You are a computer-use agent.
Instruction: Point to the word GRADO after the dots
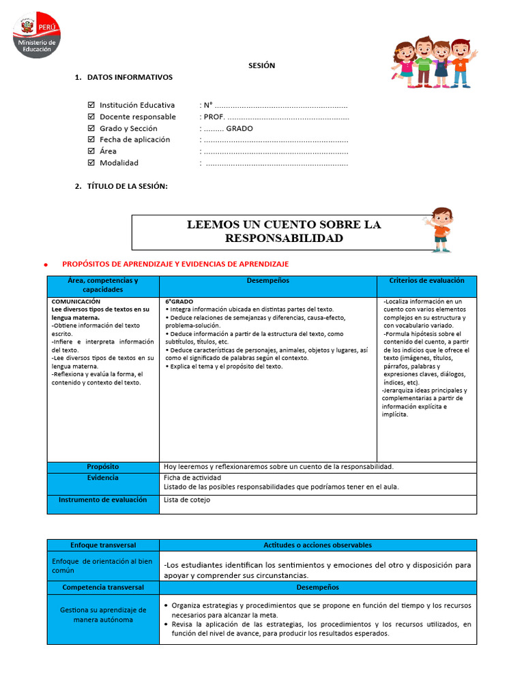coord(239,128)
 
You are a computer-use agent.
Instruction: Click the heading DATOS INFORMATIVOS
coord(130,77)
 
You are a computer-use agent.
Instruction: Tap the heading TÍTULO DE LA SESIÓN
coord(127,186)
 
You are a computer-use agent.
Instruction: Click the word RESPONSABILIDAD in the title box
coord(284,238)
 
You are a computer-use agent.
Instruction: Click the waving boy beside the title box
coord(440,229)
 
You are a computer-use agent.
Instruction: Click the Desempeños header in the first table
coord(267,281)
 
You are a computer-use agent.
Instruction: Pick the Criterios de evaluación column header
coord(426,281)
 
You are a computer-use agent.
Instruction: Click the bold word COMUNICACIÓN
coord(76,301)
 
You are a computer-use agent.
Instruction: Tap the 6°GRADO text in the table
coord(179,301)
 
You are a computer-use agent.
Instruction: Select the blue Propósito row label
coord(102,467)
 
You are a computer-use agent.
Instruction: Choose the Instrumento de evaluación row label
coord(102,500)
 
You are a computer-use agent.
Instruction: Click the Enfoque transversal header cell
coord(103,545)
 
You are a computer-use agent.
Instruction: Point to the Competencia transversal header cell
coord(103,587)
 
